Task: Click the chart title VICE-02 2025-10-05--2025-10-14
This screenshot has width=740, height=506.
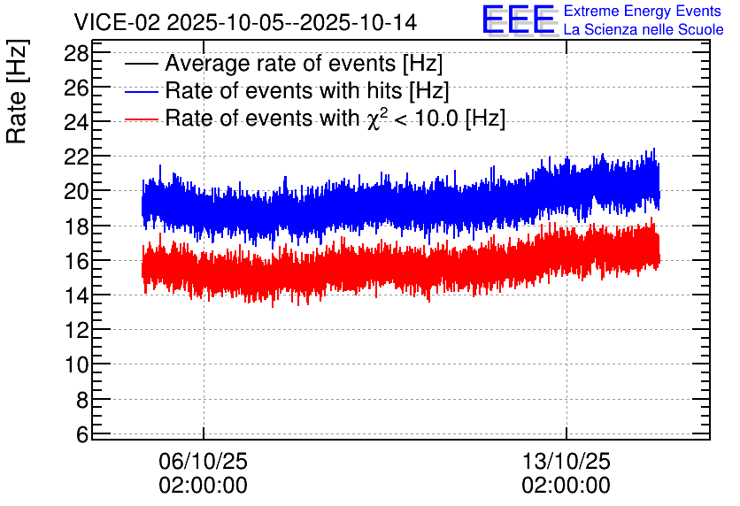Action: (245, 22)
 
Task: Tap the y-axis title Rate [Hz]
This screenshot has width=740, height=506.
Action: (17, 91)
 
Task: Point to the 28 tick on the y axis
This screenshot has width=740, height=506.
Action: (76, 54)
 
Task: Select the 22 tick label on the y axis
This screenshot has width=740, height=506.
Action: (76, 157)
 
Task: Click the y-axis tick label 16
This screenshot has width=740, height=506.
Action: (76, 261)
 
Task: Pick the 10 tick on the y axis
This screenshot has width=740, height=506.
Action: (76, 364)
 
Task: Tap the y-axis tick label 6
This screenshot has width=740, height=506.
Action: (82, 434)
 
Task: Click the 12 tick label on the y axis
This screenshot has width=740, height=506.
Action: (76, 330)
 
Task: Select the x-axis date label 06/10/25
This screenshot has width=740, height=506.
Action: (203, 461)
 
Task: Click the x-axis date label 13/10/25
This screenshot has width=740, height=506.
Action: (566, 461)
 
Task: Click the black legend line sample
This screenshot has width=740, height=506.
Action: (141, 64)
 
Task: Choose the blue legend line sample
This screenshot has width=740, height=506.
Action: (141, 91)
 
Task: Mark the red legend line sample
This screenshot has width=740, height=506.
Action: (141, 119)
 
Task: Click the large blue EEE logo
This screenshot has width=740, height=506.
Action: (519, 19)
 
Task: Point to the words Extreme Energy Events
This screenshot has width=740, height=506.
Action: (643, 11)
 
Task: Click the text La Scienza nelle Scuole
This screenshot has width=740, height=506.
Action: (644, 30)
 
